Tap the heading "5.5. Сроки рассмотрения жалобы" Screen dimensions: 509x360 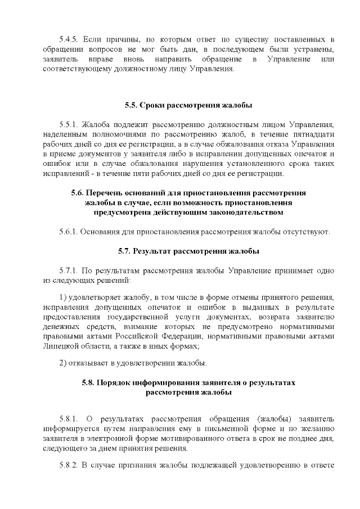click(x=180, y=105)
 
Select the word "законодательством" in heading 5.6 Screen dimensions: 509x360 click(x=218, y=212)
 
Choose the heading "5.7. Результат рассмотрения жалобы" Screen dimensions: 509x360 click(x=180, y=251)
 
